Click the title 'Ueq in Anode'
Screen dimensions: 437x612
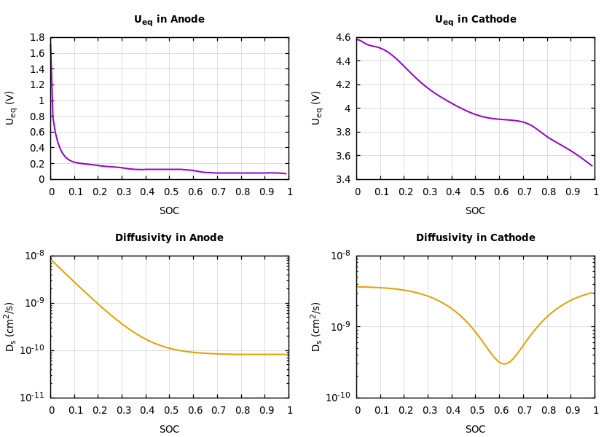pos(169,20)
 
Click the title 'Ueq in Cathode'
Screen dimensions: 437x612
pos(475,20)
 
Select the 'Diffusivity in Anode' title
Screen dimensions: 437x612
pos(169,238)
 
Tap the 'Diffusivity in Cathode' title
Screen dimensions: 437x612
pos(475,238)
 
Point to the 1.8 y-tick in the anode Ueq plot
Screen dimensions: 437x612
pos(37,37)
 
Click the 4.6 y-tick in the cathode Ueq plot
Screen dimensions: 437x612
pos(343,37)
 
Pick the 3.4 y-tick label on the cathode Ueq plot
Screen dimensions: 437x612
pos(343,179)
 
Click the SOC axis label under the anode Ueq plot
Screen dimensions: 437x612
pos(169,211)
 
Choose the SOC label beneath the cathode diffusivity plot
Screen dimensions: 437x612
pos(475,430)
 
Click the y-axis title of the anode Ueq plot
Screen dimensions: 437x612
pos(10,108)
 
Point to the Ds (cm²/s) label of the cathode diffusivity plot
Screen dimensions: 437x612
pos(316,326)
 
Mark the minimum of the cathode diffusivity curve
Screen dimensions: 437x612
pos(503,363)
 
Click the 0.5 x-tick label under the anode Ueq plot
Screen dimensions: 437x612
pos(170,192)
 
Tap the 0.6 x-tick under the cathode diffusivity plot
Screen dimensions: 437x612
pos(499,411)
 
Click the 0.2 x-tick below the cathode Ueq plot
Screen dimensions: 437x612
pos(404,192)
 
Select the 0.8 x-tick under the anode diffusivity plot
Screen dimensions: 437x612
pos(241,411)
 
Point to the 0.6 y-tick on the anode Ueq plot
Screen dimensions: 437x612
pos(37,132)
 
